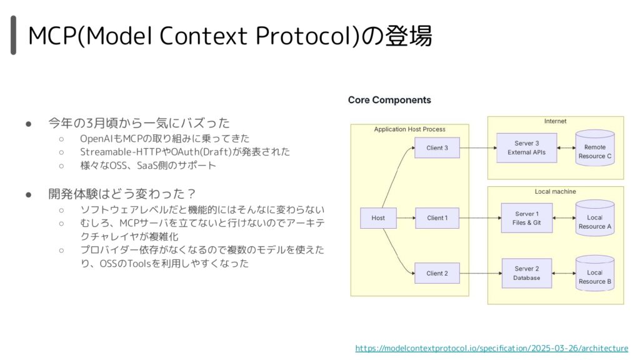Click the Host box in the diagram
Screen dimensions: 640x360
click(378, 218)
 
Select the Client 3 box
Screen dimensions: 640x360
click(437, 147)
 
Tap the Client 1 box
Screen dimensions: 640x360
click(437, 218)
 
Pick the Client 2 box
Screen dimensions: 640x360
click(437, 274)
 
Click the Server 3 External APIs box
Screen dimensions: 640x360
click(526, 147)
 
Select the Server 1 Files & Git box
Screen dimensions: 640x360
click(526, 218)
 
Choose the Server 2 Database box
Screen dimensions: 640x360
click(526, 274)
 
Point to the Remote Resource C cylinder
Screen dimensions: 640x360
click(595, 147)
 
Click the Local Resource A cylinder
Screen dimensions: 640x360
click(595, 218)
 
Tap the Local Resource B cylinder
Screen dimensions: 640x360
click(595, 274)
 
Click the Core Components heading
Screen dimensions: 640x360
click(389, 100)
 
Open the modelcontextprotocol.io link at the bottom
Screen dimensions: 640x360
click(491, 348)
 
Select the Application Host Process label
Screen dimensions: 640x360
click(410, 129)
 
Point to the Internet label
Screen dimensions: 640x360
click(555, 121)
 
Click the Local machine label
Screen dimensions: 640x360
click(555, 191)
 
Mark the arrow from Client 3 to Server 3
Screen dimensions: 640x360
click(478, 147)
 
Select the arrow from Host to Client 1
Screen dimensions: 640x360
click(406, 218)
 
